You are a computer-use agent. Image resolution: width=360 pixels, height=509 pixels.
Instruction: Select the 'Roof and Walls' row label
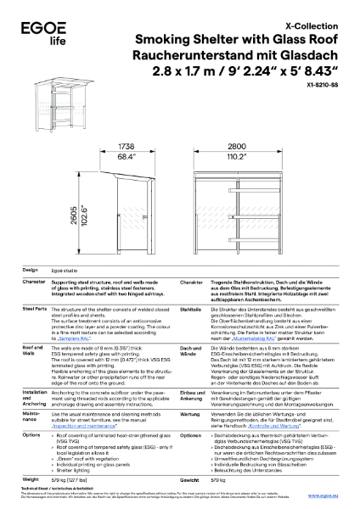coord(34,350)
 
